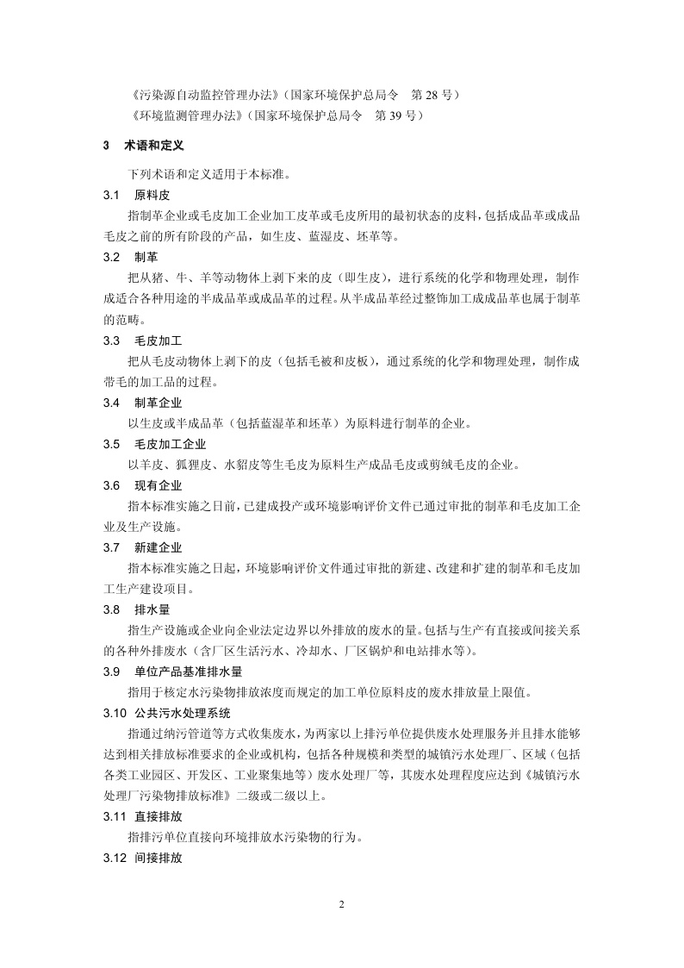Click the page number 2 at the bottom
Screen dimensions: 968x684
click(x=341, y=904)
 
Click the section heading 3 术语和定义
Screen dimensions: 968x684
click(x=143, y=146)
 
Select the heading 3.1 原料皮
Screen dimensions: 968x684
click(x=136, y=196)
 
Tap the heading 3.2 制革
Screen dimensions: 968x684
click(x=130, y=257)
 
